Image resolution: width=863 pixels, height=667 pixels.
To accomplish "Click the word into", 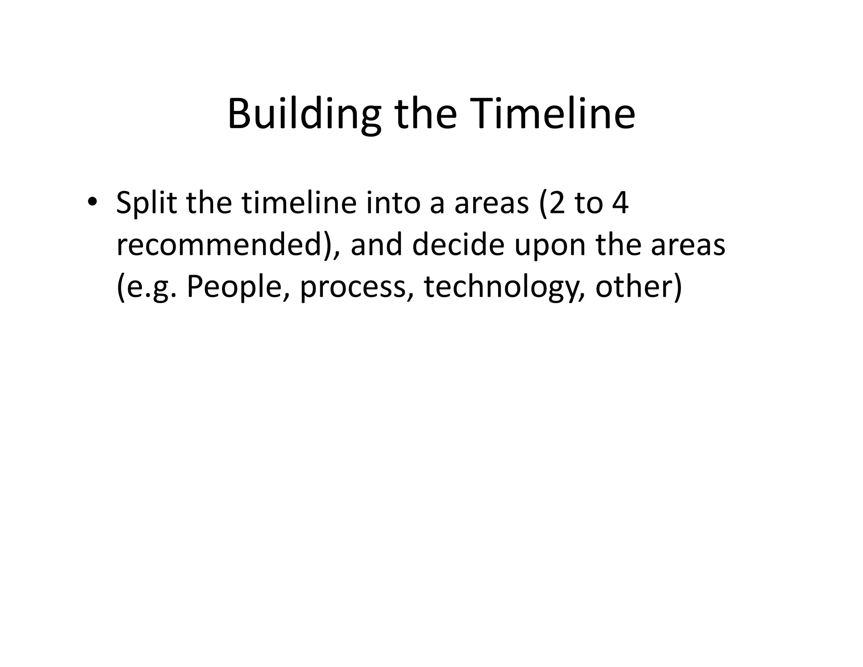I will pyautogui.click(x=393, y=203).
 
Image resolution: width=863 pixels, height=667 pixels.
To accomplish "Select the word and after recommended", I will pyautogui.click(x=376, y=245).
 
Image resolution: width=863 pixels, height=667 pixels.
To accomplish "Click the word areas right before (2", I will pyautogui.click(x=491, y=204).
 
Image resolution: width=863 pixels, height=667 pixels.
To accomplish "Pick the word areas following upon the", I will pyautogui.click(x=688, y=246).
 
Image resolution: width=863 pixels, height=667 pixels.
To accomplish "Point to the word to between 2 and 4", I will pyautogui.click(x=588, y=203).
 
